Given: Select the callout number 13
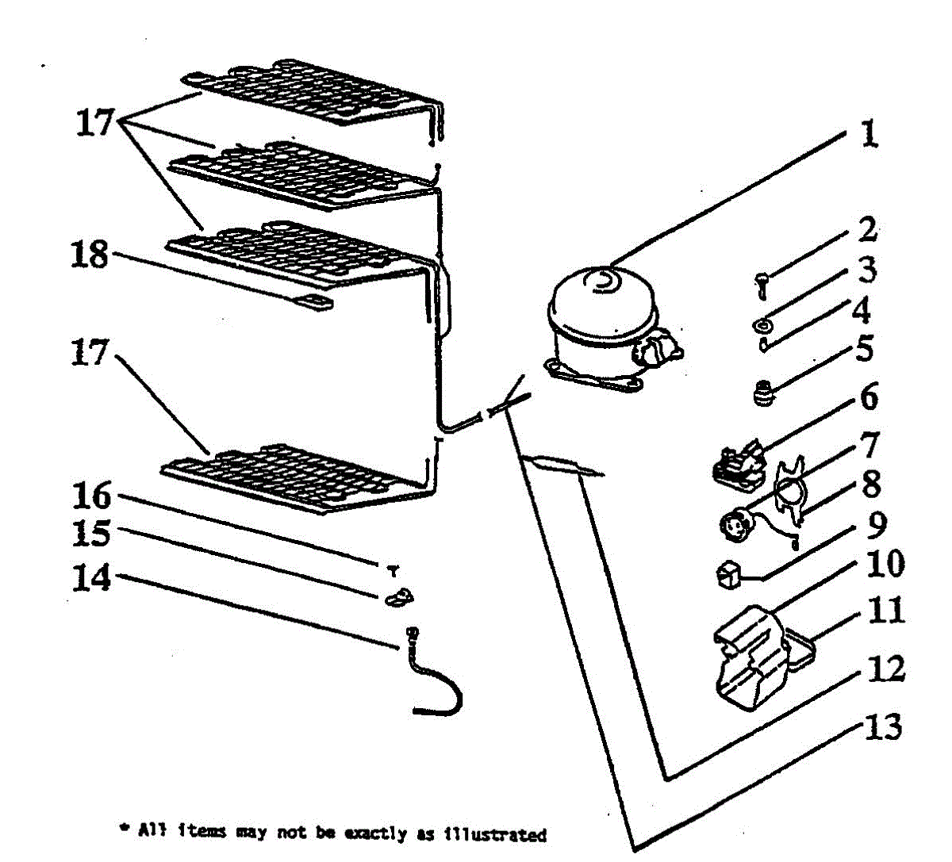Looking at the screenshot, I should coord(882,726).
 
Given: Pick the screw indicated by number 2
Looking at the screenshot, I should coord(760,282).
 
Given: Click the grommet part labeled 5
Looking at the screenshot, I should coord(762,395).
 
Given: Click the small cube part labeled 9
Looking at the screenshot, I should coord(727,576).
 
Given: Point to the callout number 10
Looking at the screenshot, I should coord(885,564).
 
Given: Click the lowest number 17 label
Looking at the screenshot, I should coord(89,351).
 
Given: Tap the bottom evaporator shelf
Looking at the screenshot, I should coord(294,477).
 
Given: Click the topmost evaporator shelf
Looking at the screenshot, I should coord(309,91).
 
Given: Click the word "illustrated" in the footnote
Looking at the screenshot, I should coord(495,834).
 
